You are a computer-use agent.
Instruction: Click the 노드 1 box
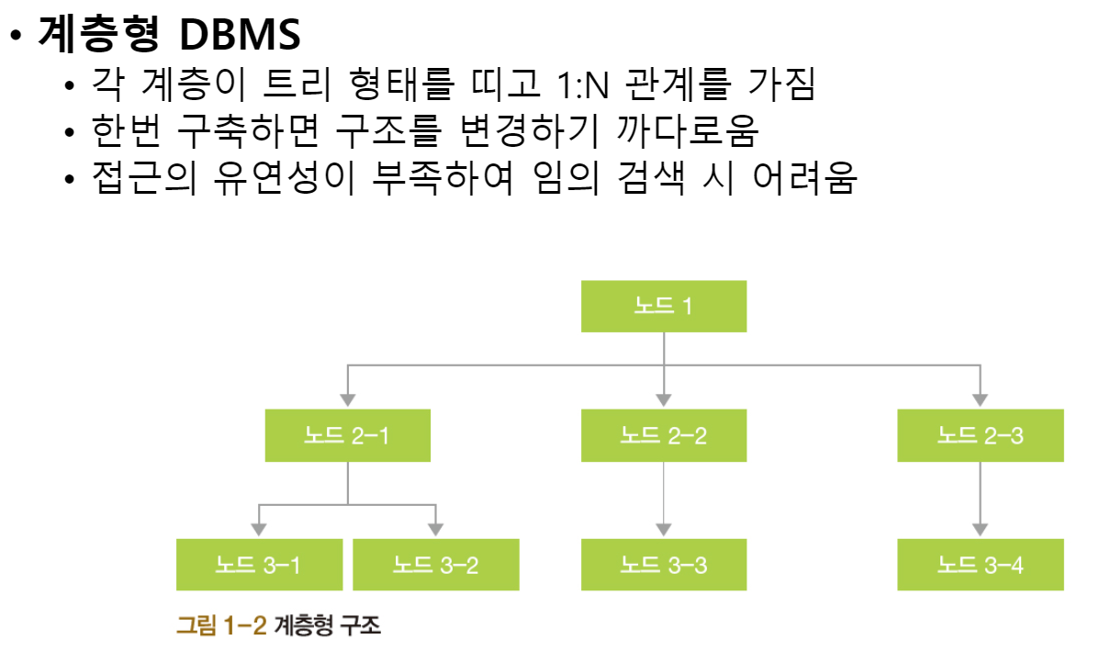coord(663,306)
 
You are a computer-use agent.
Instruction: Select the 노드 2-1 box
coord(347,435)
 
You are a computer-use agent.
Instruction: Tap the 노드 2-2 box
coord(663,435)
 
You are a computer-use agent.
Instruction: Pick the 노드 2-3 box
coord(980,435)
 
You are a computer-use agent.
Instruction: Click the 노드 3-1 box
coord(258,565)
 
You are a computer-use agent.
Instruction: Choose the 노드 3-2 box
coord(436,565)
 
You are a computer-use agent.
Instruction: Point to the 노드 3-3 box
coord(663,565)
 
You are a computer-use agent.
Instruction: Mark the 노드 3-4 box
coord(980,565)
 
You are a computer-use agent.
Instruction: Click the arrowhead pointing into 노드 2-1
coord(347,399)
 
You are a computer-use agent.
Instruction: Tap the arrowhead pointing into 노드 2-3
coord(980,399)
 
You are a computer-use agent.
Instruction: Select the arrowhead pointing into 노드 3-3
coord(663,529)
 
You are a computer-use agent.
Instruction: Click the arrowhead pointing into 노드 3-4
coord(980,529)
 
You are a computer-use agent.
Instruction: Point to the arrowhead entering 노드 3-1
coord(258,529)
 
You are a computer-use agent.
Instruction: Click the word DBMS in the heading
coord(241,35)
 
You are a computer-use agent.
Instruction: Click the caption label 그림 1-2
coord(220,626)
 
